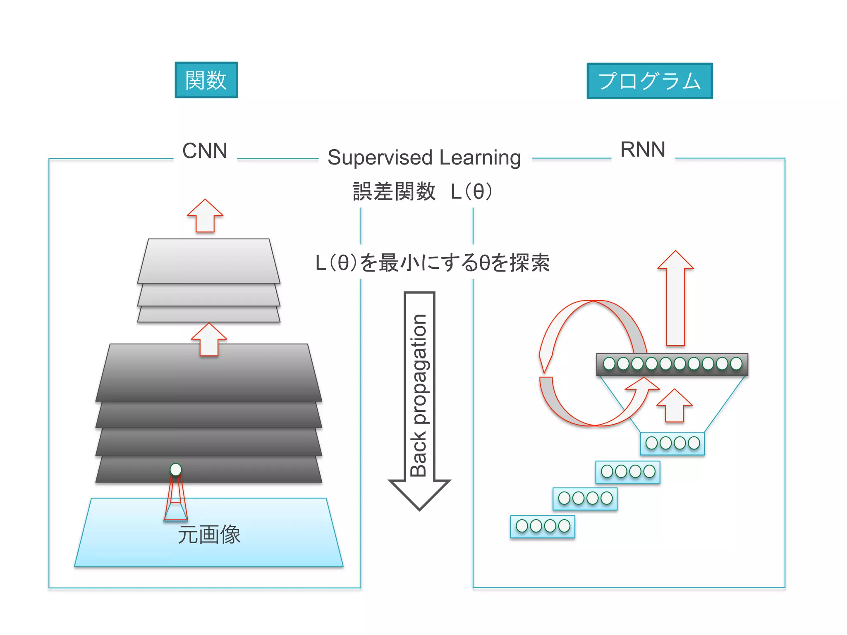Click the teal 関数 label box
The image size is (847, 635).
206,80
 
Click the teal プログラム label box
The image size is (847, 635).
649,81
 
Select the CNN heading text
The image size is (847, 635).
205,151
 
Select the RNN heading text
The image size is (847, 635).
643,150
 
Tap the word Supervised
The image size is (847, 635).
380,158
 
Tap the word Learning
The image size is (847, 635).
480,158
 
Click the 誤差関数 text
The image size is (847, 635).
394,192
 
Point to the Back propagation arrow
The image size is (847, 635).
419,397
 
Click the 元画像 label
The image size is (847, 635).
209,535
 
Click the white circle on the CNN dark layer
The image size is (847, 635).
176,469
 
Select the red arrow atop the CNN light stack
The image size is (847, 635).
205,216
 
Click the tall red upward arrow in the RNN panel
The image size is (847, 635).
675,298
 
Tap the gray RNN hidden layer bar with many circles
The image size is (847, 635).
672,364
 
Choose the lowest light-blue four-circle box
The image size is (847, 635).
543,526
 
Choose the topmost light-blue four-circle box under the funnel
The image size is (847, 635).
672,444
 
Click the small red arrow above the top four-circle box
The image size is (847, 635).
675,406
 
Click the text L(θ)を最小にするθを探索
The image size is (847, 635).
432,263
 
